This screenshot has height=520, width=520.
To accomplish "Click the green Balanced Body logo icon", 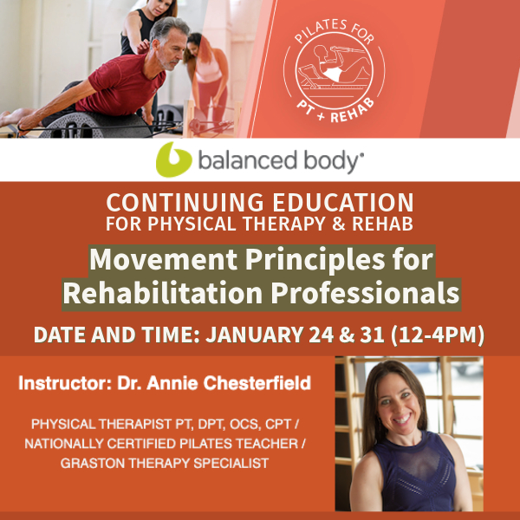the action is (173, 159).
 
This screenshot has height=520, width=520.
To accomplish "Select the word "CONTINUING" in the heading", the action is (185, 202).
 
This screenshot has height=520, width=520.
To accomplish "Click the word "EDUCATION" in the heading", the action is (343, 202).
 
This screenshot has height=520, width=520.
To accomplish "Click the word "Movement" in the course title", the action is (163, 259).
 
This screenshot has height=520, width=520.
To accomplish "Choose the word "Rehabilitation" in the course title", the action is (163, 293).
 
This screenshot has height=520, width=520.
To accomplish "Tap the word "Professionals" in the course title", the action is (366, 293).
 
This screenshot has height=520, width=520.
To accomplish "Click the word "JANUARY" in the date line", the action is (254, 335).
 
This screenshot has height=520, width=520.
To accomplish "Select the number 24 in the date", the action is (321, 335).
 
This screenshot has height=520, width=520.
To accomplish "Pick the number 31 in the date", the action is (372, 335).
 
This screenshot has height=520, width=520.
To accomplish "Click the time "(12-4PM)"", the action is (437, 335).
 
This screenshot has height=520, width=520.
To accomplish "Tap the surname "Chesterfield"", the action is (257, 383).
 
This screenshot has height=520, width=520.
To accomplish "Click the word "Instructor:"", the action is (65, 383).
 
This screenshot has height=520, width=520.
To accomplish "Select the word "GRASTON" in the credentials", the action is (94, 464).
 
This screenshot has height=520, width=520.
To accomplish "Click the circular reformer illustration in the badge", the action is (334, 70).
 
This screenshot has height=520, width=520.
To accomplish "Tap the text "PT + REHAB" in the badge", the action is (335, 110).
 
